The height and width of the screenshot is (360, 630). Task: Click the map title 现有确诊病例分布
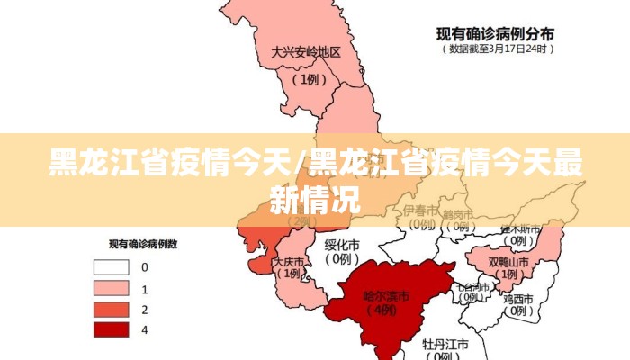click(x=495, y=33)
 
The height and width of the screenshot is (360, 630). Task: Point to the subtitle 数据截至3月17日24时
click(x=496, y=49)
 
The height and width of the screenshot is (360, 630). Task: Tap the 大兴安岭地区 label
click(x=306, y=52)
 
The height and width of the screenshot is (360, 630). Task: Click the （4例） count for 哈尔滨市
click(x=383, y=310)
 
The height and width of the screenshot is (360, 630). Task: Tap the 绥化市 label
click(x=342, y=244)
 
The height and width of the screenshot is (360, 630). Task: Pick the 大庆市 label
click(x=288, y=263)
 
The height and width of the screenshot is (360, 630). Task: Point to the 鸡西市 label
click(x=519, y=298)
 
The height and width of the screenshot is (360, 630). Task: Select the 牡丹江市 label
click(x=445, y=344)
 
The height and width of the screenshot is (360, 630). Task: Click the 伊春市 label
click(x=420, y=210)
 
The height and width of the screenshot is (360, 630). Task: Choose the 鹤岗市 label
click(x=458, y=214)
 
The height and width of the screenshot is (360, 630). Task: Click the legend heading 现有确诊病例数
click(x=143, y=244)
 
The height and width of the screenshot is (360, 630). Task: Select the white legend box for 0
click(x=110, y=267)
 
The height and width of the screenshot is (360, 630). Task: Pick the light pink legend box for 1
click(x=110, y=288)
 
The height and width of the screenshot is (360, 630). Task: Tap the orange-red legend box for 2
click(x=110, y=309)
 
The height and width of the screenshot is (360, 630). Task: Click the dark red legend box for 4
click(x=110, y=329)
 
